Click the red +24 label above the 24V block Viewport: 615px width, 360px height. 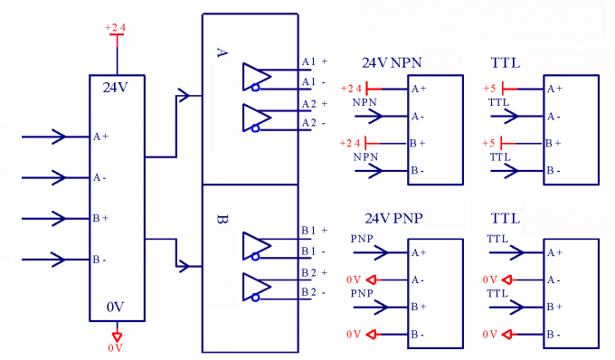tap(115, 28)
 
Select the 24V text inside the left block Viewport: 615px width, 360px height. tap(116, 88)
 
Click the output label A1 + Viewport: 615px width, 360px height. tap(314, 62)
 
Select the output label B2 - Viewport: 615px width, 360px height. tap(314, 292)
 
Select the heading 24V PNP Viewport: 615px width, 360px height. tap(393, 219)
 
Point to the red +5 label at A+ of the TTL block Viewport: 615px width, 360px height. tap(489, 89)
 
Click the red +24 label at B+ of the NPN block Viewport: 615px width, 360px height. tap(351, 143)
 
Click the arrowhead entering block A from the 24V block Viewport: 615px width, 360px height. tap(184, 95)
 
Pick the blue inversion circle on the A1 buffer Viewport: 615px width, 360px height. tap(256, 88)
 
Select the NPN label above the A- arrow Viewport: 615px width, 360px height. tap(365, 103)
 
